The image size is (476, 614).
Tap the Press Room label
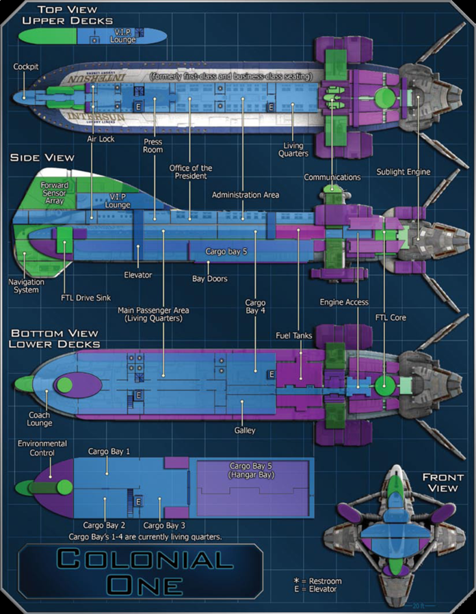153,146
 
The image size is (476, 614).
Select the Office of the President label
191,172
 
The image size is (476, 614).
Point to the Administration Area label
245,195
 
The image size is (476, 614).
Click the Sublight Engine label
404,172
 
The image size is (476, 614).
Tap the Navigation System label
27,286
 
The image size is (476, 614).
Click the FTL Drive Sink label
85,298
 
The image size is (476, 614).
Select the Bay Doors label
209,279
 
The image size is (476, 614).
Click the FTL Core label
391,318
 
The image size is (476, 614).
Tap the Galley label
244,431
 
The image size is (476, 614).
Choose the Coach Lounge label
40,419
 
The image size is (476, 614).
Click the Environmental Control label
42,448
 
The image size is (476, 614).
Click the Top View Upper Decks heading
67,15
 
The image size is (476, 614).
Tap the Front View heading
442,483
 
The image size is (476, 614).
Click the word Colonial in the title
145,560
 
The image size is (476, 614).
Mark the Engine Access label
344,302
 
